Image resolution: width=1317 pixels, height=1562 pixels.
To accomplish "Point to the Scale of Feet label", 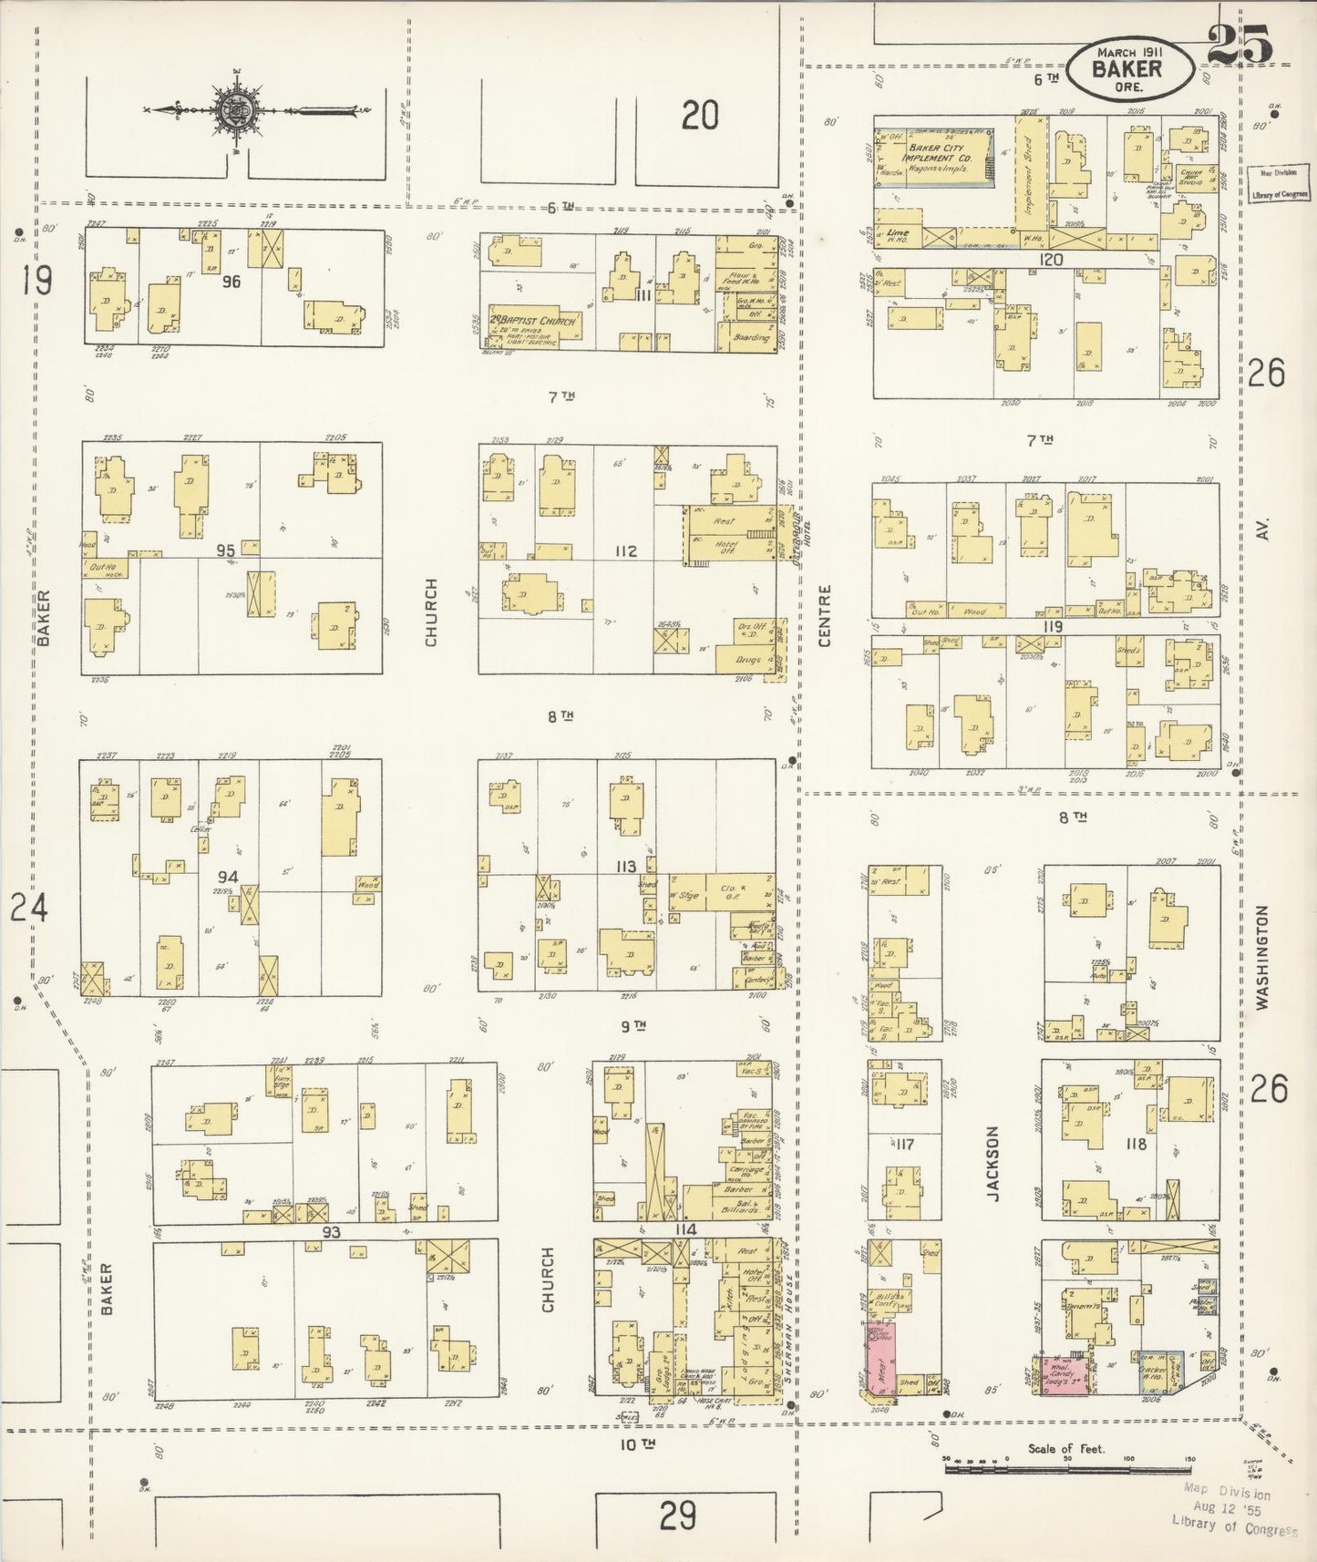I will click(1065, 1449).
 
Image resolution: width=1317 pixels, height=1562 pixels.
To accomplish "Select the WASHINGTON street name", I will click(1262, 957).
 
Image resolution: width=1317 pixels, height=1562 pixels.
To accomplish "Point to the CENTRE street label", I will click(825, 616).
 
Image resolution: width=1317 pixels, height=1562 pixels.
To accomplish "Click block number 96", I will click(231, 282).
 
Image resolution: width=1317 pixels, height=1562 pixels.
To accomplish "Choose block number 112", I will click(625, 551).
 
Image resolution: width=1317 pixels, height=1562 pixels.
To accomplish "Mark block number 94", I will click(227, 877).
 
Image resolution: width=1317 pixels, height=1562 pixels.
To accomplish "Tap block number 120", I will click(1051, 260).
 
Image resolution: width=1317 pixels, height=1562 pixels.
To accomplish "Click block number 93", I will click(329, 1231).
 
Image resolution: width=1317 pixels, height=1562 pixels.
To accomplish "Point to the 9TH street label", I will click(633, 1026).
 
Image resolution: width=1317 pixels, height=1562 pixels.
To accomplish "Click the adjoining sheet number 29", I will click(678, 1516).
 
